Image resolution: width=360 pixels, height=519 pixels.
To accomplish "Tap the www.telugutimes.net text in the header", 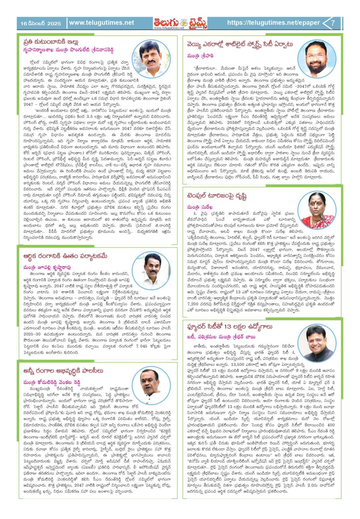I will click(102, 23).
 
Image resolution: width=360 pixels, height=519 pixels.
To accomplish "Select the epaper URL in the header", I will click(273, 23).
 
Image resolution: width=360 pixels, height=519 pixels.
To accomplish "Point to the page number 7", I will click(333, 23).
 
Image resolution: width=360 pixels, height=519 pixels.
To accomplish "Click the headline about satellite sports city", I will click(239, 44).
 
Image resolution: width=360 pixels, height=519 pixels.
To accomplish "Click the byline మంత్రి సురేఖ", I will click(203, 207).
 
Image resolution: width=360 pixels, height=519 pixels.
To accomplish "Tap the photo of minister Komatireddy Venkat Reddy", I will click(151, 386).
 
